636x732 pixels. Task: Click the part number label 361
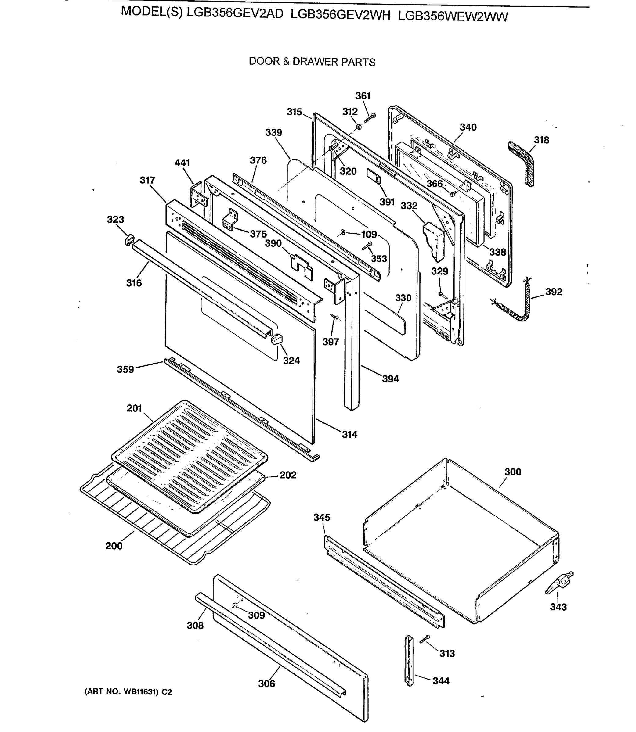pyautogui.click(x=363, y=96)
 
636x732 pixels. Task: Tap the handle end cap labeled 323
pyautogui.click(x=129, y=239)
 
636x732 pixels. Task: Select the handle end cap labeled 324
pyautogui.click(x=276, y=338)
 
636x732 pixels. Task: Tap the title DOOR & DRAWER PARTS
pyautogui.click(x=312, y=62)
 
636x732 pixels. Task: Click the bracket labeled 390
pyautogui.click(x=301, y=266)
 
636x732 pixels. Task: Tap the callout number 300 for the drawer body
pyautogui.click(x=512, y=472)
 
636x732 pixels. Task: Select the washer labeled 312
pyautogui.click(x=359, y=127)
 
